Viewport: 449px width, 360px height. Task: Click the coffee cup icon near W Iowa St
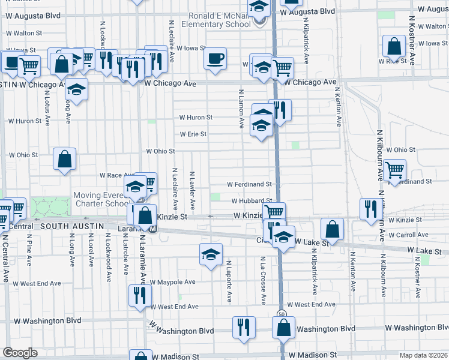[215, 59]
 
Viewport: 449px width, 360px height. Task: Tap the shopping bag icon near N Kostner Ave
[394, 46]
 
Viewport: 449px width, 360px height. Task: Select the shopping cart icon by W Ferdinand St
[394, 170]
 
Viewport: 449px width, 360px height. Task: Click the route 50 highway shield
[281, 314]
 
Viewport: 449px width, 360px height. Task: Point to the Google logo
[20, 353]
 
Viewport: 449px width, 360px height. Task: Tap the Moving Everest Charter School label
[100, 199]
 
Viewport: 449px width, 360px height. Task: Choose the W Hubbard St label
[252, 201]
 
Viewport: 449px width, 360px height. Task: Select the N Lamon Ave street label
[241, 110]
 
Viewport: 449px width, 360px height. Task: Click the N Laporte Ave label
[229, 280]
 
